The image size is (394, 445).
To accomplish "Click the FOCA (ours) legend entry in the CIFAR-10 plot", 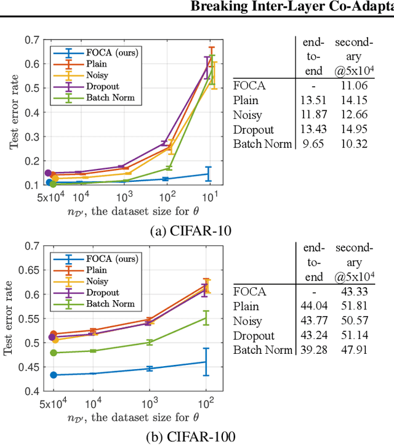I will click(103, 52).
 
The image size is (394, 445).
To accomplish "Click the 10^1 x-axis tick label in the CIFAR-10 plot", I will click(209, 197).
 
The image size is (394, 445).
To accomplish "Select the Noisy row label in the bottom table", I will click(247, 321).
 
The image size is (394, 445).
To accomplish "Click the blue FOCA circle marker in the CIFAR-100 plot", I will click(54, 375).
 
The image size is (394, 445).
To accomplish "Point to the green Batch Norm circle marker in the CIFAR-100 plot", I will click(54, 353).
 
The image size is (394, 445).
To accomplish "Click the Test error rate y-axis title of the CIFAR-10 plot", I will click(13, 112).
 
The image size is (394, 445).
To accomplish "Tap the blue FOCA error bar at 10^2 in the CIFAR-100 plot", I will click(206, 362).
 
